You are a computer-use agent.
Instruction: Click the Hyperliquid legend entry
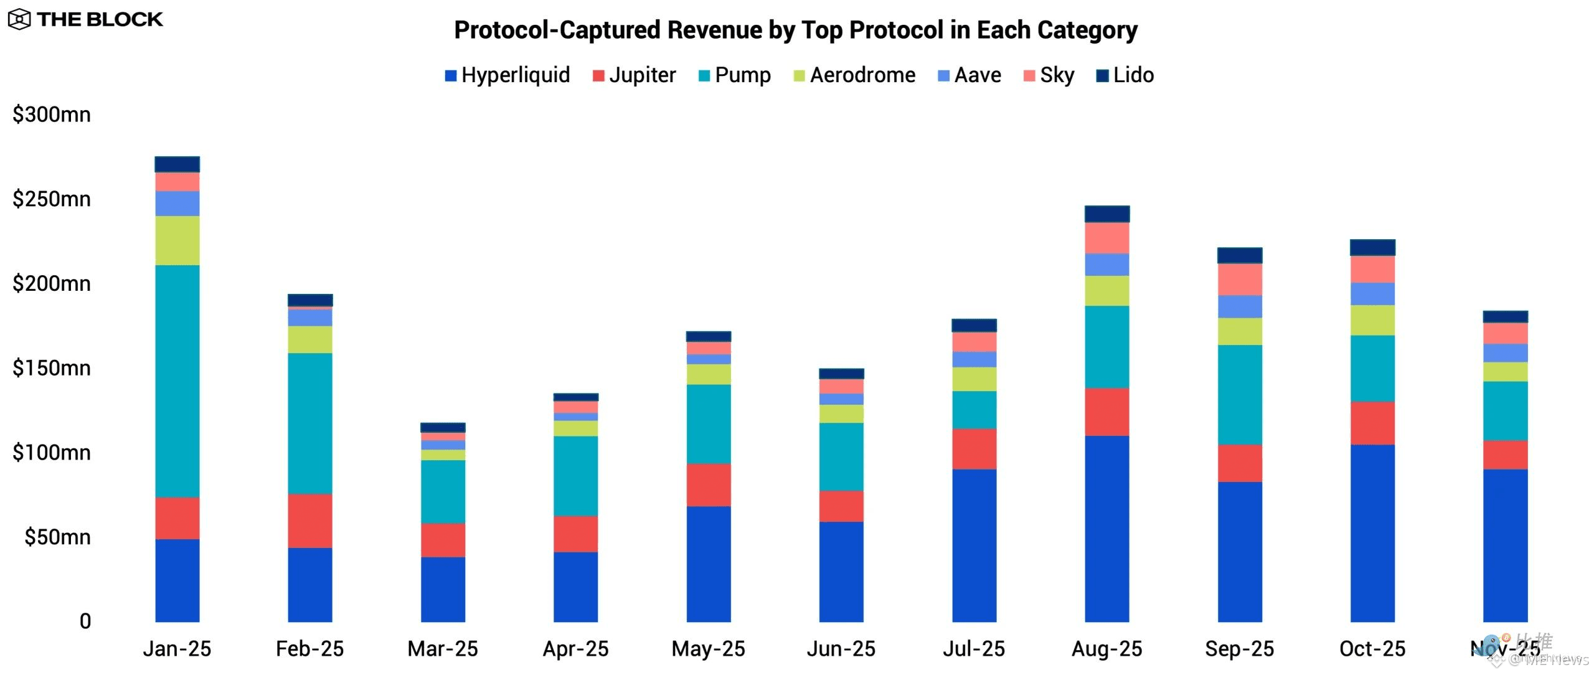pyautogui.click(x=507, y=75)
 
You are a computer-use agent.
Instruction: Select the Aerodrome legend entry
pyautogui.click(x=854, y=75)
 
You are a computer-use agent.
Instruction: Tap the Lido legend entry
pyautogui.click(x=1125, y=75)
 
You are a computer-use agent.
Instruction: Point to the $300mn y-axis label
pyautogui.click(x=52, y=115)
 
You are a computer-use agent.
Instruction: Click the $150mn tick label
pyautogui.click(x=52, y=368)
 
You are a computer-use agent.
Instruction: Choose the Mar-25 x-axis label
pyautogui.click(x=443, y=649)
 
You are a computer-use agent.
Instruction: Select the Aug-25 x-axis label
pyautogui.click(x=1106, y=649)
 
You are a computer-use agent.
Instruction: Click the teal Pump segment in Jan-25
pyautogui.click(x=177, y=380)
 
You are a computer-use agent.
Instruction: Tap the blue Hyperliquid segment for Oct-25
pyautogui.click(x=1372, y=533)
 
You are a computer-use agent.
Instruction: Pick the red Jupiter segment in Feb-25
pyautogui.click(x=310, y=521)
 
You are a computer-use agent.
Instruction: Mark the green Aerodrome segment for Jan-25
pyautogui.click(x=177, y=240)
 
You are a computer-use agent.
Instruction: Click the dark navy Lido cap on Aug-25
pyautogui.click(x=1106, y=214)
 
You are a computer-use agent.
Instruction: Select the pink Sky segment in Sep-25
pyautogui.click(x=1240, y=279)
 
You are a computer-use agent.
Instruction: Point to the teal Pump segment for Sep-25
pyautogui.click(x=1240, y=394)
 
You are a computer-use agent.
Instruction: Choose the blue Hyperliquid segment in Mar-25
pyautogui.click(x=443, y=589)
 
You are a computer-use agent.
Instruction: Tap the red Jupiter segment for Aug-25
pyautogui.click(x=1106, y=412)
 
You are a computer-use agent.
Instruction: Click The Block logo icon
pyautogui.click(x=19, y=20)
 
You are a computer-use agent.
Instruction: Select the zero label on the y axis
pyautogui.click(x=85, y=621)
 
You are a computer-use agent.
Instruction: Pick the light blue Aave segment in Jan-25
pyautogui.click(x=177, y=203)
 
